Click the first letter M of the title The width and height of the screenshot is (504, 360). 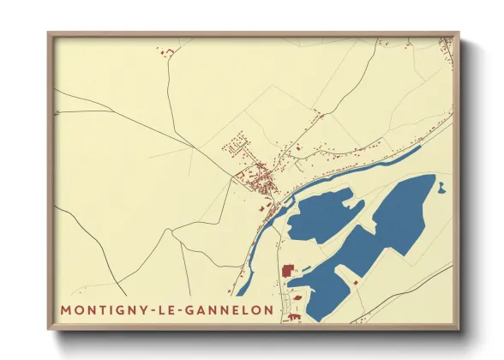pos(65,309)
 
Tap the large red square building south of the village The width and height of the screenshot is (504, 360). pos(288,272)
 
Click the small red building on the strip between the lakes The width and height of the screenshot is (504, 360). pos(357,280)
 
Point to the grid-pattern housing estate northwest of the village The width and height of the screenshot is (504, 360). pos(237,143)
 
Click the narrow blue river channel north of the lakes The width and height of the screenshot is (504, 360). pos(360,171)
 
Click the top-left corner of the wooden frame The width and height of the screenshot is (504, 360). pos(50,34)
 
